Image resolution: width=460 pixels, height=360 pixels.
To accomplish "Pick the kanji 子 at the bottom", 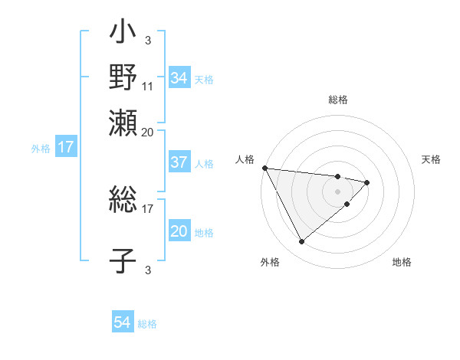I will point(123,260).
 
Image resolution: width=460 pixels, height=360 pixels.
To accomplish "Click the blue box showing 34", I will point(179,77).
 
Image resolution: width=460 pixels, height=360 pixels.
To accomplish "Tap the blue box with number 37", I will point(179,162).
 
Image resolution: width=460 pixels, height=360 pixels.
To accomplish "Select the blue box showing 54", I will point(123,322).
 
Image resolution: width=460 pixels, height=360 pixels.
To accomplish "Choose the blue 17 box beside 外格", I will point(66,147).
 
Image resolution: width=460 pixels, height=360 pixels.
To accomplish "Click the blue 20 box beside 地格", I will point(179,231).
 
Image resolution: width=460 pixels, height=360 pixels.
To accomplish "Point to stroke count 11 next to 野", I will point(148,86).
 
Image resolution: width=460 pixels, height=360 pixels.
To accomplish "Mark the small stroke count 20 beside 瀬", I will point(148,132).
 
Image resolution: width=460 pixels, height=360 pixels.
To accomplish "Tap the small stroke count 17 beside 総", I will point(148,207).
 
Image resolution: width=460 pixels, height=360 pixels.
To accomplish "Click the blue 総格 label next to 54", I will point(147,324).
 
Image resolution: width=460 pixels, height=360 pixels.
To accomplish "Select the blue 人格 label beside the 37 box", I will point(204,164).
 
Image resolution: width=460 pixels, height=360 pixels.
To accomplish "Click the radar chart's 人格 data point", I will point(264,168).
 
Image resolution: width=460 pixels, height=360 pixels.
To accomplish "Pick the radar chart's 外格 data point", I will point(301,242).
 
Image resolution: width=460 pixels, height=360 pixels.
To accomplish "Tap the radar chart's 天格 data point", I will point(367,182).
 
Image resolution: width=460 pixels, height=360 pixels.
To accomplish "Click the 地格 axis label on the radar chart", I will point(402,263).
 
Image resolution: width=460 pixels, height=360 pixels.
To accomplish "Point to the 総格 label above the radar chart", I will point(338,100).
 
